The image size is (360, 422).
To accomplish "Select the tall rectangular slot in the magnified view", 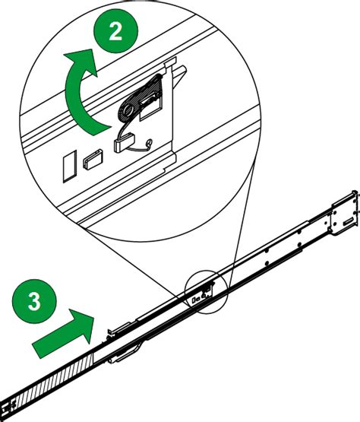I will tap(68, 163).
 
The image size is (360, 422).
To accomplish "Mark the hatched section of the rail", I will tap(53, 380).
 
